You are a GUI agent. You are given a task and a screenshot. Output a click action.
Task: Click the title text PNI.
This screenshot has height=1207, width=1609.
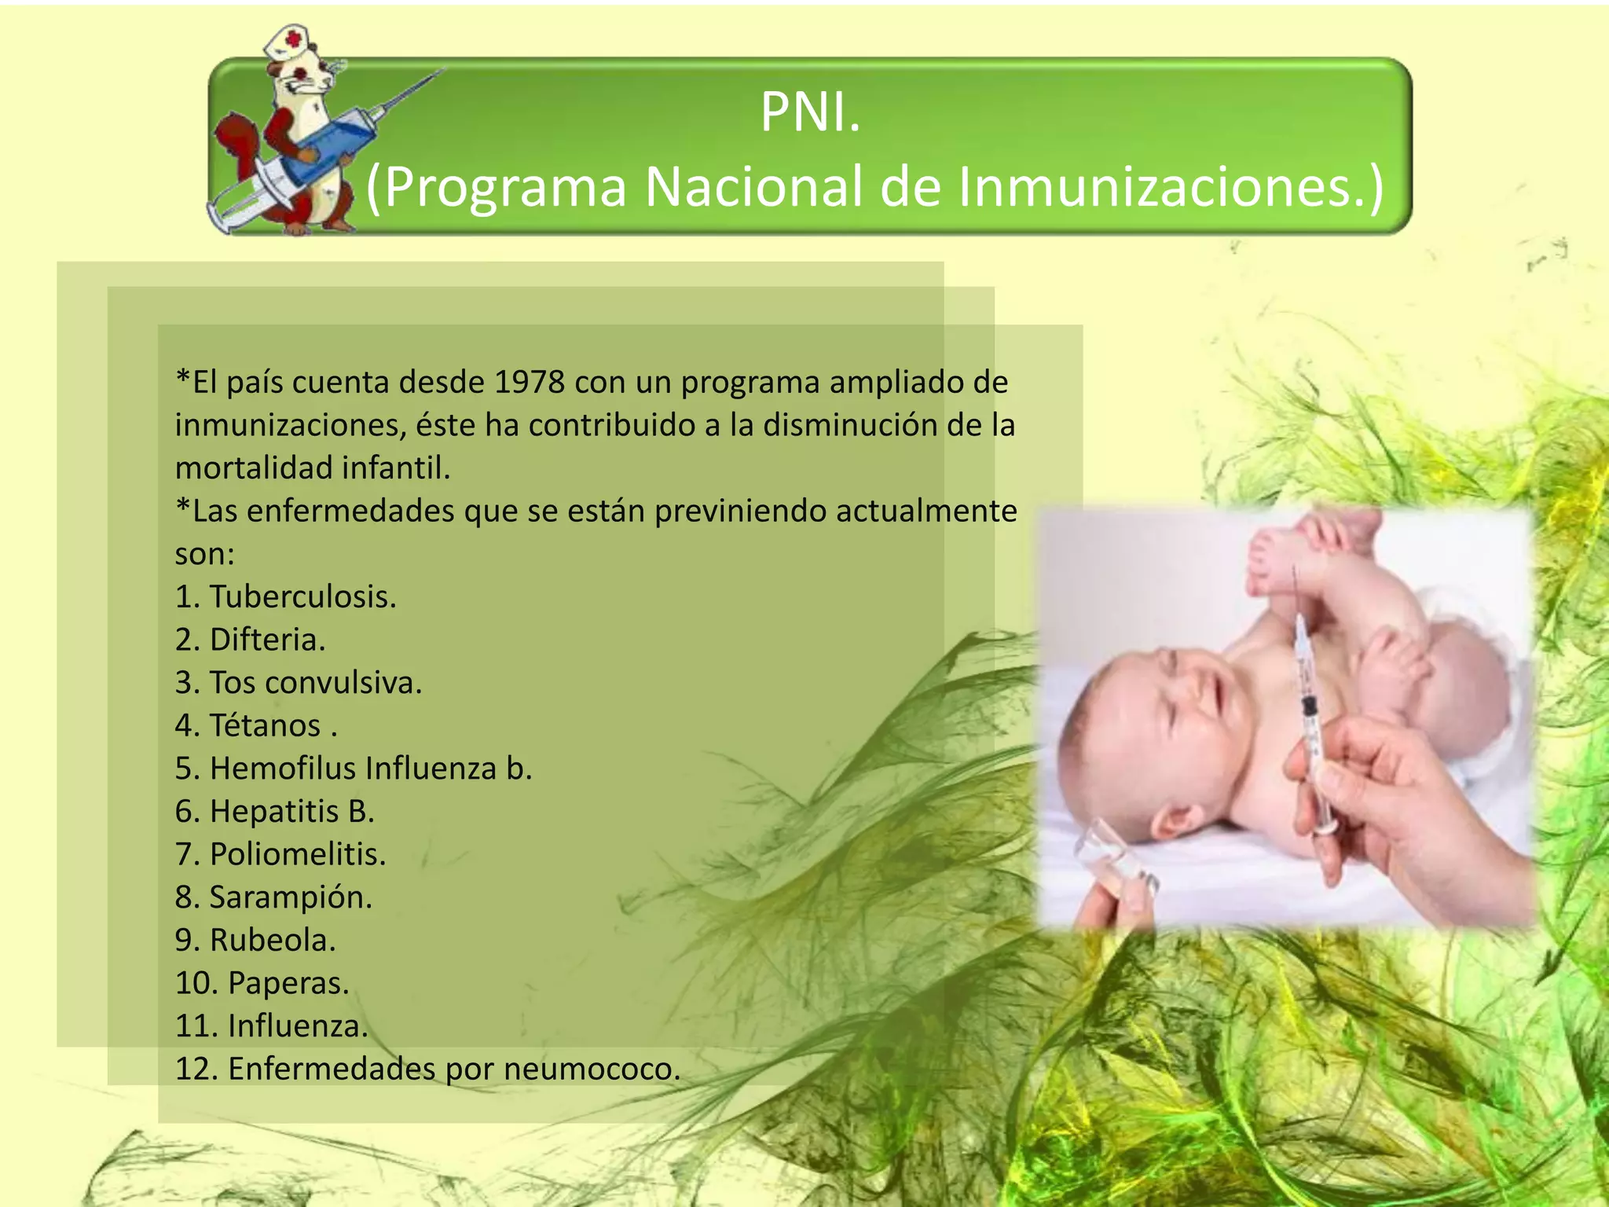[x=810, y=112]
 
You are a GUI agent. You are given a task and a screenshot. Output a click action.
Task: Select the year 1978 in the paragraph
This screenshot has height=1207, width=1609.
[x=530, y=382]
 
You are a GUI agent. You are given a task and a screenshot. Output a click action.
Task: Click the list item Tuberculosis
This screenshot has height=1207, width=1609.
[x=302, y=596]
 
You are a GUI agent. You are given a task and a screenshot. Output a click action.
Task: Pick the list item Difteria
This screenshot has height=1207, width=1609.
[x=267, y=640]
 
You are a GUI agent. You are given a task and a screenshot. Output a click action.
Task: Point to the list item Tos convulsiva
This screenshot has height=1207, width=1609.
[x=315, y=682]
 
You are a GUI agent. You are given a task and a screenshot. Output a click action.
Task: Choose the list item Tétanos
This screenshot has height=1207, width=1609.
[x=265, y=725]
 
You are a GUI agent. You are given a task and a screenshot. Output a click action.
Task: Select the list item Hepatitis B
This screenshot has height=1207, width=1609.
[x=291, y=811]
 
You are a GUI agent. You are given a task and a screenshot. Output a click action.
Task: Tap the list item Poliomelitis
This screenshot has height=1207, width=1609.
[x=298, y=854]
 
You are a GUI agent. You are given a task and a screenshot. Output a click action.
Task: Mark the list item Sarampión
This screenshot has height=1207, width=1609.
[x=291, y=897]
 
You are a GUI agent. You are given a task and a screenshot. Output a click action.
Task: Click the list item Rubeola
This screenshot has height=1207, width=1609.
[x=273, y=940]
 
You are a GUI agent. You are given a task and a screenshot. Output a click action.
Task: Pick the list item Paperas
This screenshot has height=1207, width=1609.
[x=288, y=983]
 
